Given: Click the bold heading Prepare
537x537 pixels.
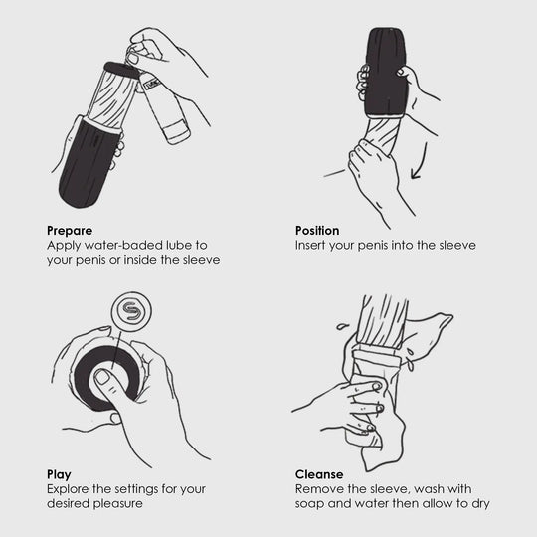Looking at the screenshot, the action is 70,231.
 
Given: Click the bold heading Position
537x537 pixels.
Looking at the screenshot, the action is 317,231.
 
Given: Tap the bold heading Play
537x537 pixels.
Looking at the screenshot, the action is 59,475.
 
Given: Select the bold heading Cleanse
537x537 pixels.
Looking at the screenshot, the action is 319,474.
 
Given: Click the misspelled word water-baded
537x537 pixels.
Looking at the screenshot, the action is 123,246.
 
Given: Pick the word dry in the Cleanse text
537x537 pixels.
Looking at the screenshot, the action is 481,504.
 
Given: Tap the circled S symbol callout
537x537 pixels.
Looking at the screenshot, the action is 131,311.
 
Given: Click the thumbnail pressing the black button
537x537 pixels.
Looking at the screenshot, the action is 102,377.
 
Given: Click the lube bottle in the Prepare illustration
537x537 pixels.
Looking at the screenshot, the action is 164,105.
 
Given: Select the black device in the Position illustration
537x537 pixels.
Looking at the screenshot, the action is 386,73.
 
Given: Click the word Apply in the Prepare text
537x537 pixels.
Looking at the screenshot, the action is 64,246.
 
